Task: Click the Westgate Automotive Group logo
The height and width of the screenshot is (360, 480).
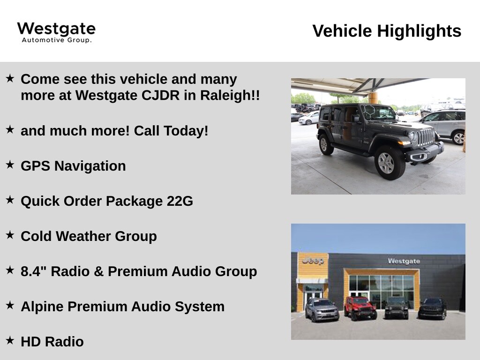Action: coord(56,32)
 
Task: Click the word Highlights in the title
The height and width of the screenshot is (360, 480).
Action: coord(419,31)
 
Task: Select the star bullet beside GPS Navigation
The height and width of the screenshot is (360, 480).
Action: coord(10,165)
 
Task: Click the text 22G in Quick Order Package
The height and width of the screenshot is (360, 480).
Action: coord(180,201)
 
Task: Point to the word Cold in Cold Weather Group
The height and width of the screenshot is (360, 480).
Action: coord(36,236)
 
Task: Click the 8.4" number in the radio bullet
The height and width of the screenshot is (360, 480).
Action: coord(33,271)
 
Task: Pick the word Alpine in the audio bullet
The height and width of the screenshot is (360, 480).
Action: coord(42,307)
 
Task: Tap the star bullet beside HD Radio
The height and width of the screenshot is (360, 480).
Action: coord(10,340)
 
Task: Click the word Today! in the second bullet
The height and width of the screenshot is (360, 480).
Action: coord(186,131)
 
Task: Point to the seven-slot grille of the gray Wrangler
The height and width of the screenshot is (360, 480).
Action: coord(427,137)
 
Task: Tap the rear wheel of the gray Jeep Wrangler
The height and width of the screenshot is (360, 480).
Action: coord(325,144)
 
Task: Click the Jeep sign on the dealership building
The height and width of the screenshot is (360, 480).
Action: coord(313,261)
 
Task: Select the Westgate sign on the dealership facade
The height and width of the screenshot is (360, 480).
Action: coord(404,261)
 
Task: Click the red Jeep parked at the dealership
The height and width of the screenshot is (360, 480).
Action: coord(360,308)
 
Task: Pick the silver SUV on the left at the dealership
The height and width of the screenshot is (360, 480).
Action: coord(322,309)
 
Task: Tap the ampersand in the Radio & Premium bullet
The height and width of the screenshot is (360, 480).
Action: coord(98,271)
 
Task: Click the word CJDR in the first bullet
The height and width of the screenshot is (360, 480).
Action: coord(160,95)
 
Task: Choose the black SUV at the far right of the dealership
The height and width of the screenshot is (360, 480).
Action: coord(432,308)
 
